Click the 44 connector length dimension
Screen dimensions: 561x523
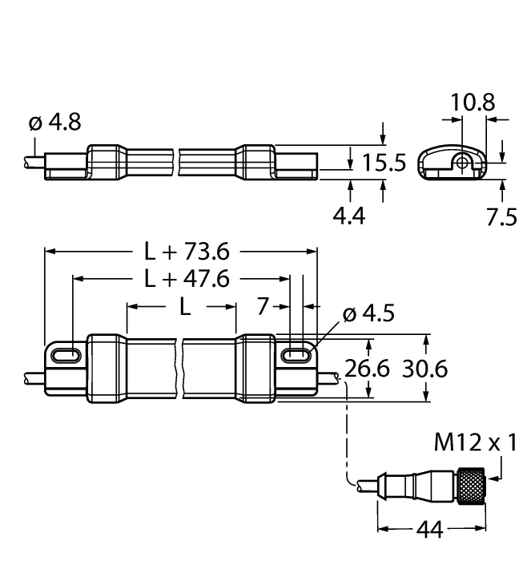pos(431,530)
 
